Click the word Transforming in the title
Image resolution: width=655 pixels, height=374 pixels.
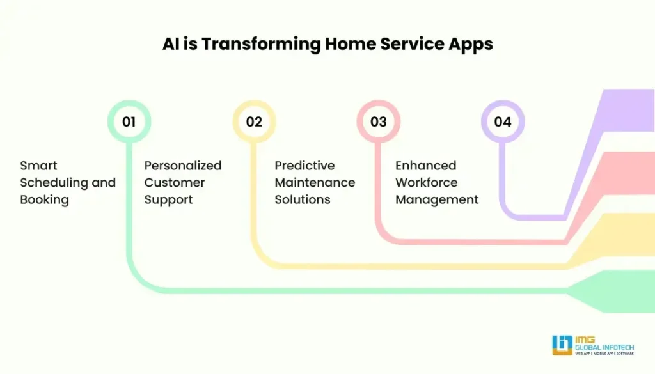(262, 44)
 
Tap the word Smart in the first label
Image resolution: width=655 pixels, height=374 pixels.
(38, 166)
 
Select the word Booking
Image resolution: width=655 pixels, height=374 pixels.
(44, 199)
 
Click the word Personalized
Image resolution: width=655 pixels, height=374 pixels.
(183, 166)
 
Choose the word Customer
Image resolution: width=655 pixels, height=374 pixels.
(175, 182)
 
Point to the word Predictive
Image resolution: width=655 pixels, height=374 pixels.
(304, 166)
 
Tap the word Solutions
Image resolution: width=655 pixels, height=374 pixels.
(303, 199)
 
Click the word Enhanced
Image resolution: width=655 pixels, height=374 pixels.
(425, 166)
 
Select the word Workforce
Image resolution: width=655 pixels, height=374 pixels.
(427, 182)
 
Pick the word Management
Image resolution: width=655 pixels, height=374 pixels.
(437, 199)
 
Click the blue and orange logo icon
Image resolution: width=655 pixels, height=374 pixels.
(562, 345)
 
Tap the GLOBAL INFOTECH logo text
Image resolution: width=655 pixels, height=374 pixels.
(604, 347)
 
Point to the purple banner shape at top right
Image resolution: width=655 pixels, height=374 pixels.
(627, 111)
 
